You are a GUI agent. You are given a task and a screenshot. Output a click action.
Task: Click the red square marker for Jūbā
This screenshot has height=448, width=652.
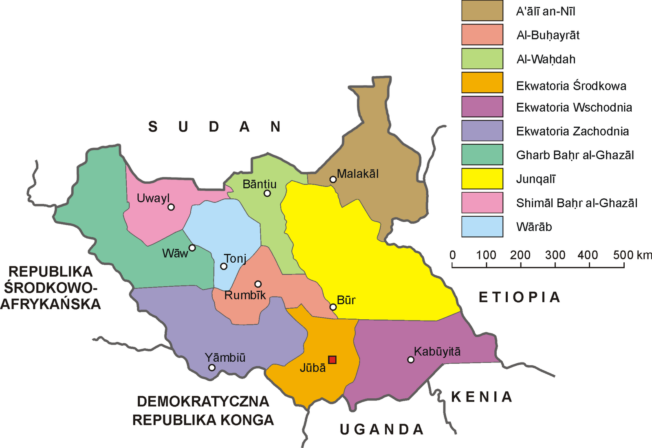[x=332, y=360]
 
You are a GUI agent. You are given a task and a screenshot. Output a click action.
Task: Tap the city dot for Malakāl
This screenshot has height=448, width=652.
[x=333, y=179]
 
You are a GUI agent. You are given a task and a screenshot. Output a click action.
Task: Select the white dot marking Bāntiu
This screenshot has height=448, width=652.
[x=267, y=193]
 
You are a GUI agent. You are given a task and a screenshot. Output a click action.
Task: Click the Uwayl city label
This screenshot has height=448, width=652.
[x=153, y=198]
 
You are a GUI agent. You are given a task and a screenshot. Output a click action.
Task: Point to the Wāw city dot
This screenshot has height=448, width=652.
[x=192, y=248]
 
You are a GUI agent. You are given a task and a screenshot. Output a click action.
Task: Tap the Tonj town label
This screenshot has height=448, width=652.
[x=235, y=259]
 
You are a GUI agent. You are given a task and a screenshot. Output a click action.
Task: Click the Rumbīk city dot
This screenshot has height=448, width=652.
[x=258, y=284]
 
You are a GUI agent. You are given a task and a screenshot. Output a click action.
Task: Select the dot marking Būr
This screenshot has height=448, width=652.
[x=333, y=307]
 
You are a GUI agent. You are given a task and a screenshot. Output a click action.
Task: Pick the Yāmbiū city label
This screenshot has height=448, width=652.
[x=225, y=358]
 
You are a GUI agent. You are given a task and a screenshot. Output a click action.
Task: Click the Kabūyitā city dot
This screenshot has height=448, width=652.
[x=411, y=360]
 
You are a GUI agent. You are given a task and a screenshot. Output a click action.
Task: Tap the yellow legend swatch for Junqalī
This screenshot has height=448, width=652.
[x=482, y=178]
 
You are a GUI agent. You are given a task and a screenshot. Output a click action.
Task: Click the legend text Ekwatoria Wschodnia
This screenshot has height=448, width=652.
[x=574, y=108]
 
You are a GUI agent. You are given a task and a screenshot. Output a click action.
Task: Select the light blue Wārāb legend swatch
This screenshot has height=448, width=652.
[x=482, y=226]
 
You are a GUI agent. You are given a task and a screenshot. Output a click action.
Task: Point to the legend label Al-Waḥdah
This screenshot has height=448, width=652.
[x=546, y=59]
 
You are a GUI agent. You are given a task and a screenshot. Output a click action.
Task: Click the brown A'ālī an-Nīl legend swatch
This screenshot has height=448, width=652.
[x=482, y=11]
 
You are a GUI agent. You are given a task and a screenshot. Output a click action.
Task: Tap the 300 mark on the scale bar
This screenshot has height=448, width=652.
[x=555, y=255]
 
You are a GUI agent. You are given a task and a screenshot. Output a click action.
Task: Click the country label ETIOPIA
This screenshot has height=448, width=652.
[x=519, y=297]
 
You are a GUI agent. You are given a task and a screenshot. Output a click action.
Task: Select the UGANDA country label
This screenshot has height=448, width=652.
[x=381, y=429]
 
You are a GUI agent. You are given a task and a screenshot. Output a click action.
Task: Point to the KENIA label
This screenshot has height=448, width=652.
[x=481, y=397]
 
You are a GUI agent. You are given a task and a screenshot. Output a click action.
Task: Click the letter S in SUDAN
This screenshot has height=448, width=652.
[x=153, y=127]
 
